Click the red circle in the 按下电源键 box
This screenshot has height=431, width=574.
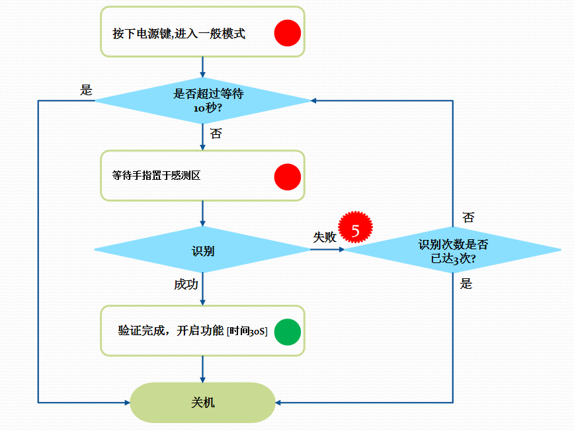pos(288,32)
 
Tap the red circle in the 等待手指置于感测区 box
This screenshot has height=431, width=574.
pos(288,176)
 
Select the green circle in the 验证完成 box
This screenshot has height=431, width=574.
pos(288,332)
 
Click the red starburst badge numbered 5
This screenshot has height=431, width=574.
pos(356,231)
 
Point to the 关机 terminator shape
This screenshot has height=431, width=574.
pos(202,402)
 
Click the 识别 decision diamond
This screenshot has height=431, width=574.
pos(202,250)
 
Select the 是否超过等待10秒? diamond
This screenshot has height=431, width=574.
pos(202,100)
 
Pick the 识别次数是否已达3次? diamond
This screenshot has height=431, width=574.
pos(453,251)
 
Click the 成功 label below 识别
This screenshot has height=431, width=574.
pos(186,284)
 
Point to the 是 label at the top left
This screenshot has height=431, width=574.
pos(86,91)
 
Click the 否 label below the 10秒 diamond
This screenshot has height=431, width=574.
pos(216,134)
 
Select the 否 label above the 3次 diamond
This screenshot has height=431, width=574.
pos(468,217)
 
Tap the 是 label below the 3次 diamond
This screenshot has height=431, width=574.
pos(466,284)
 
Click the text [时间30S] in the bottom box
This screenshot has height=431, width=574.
pos(247,332)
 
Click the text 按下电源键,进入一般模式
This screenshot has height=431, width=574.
pos(179,34)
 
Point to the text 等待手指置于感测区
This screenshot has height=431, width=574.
pos(156,176)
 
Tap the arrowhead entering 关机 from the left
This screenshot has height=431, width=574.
pos(126,402)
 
